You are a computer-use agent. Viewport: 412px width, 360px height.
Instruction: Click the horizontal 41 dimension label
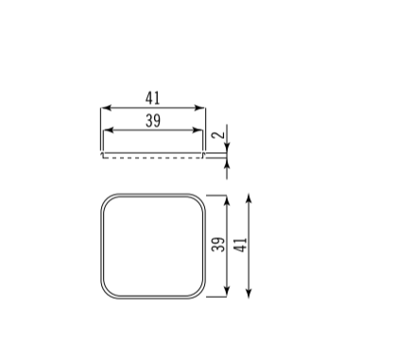[x=153, y=98]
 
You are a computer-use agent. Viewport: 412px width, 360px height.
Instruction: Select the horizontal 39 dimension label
[x=153, y=121]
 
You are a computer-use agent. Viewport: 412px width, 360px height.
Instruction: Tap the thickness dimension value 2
[x=218, y=135]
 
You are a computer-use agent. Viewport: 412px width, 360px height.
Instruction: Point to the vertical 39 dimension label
[x=218, y=245]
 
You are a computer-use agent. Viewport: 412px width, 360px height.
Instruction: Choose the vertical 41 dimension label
[x=240, y=245]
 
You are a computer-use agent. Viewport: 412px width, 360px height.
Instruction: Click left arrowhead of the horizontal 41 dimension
[x=107, y=108]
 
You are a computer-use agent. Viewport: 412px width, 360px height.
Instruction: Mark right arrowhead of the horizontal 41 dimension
[x=200, y=108]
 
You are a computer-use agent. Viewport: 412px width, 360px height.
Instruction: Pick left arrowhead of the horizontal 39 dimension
[x=109, y=130]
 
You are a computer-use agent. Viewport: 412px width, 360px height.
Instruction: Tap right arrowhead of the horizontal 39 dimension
[x=197, y=130]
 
